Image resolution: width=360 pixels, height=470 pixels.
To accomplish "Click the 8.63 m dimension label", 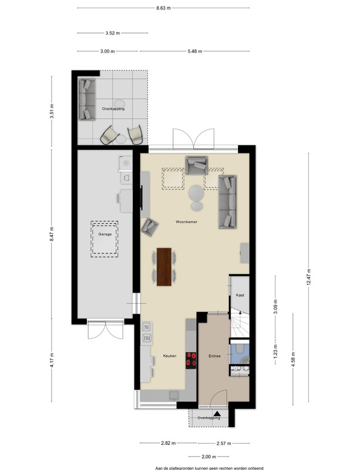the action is [163, 8].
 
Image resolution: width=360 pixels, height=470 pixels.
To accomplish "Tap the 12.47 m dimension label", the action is [309, 277].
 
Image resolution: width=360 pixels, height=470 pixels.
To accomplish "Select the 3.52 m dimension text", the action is [112, 33].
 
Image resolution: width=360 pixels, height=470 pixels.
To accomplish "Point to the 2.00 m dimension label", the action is [208, 457].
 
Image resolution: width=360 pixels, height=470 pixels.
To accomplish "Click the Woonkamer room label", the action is [186, 222].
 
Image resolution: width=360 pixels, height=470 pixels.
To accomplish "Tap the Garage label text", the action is [105, 234].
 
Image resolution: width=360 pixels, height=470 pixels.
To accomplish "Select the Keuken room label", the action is [170, 356].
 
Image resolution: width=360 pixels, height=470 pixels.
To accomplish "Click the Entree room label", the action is [214, 356].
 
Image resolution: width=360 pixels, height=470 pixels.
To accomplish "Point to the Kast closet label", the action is [240, 295].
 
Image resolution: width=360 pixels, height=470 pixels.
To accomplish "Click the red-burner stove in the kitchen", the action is [191, 360].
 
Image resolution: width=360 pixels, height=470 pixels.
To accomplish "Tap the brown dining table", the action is [164, 267].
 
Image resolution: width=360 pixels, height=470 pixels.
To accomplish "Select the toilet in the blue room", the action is [240, 349].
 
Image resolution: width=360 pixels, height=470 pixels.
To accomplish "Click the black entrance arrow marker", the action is [217, 414].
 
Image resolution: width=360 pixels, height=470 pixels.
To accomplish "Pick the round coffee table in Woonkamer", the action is [196, 193].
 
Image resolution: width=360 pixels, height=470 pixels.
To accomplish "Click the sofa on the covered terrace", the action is [87, 99].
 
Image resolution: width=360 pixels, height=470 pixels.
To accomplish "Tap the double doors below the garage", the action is [105, 330].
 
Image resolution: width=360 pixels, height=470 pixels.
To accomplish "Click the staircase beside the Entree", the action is [240, 325].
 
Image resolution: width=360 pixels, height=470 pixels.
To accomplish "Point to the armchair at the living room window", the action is [197, 165].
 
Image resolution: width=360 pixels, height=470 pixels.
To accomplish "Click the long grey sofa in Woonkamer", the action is [227, 202].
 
